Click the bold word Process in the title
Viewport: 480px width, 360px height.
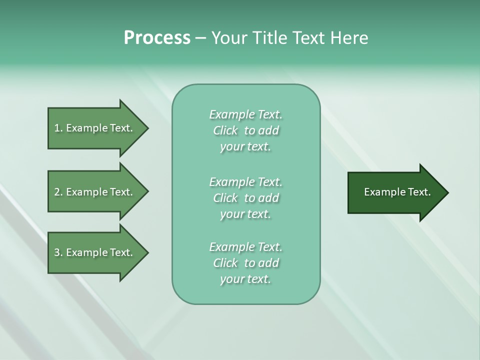pos(157,38)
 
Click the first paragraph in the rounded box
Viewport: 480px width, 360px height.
pos(245,130)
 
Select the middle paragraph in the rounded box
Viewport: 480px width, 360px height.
pos(245,198)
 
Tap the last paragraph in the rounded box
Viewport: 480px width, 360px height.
pos(245,263)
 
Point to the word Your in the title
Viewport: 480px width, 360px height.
pos(229,38)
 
